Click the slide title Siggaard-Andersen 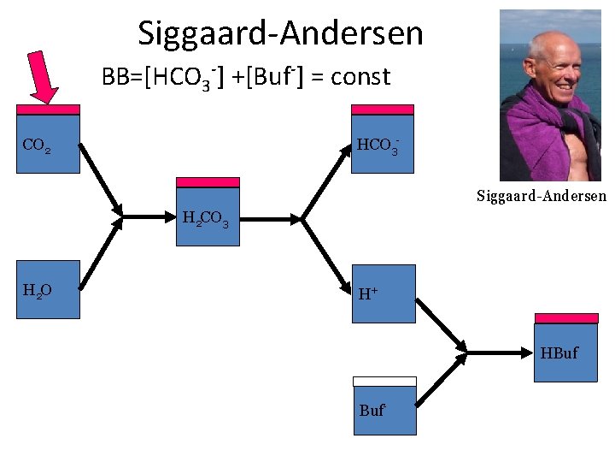click(280, 34)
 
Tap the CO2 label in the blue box click(36, 145)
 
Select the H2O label click(38, 291)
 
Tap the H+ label click(369, 294)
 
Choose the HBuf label click(559, 352)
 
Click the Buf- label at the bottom click(372, 411)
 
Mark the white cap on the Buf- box click(385, 382)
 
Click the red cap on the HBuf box click(565, 318)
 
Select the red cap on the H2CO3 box click(208, 182)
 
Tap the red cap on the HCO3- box click(383, 110)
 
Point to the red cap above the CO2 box click(49, 110)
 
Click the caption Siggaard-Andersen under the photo click(541, 196)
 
